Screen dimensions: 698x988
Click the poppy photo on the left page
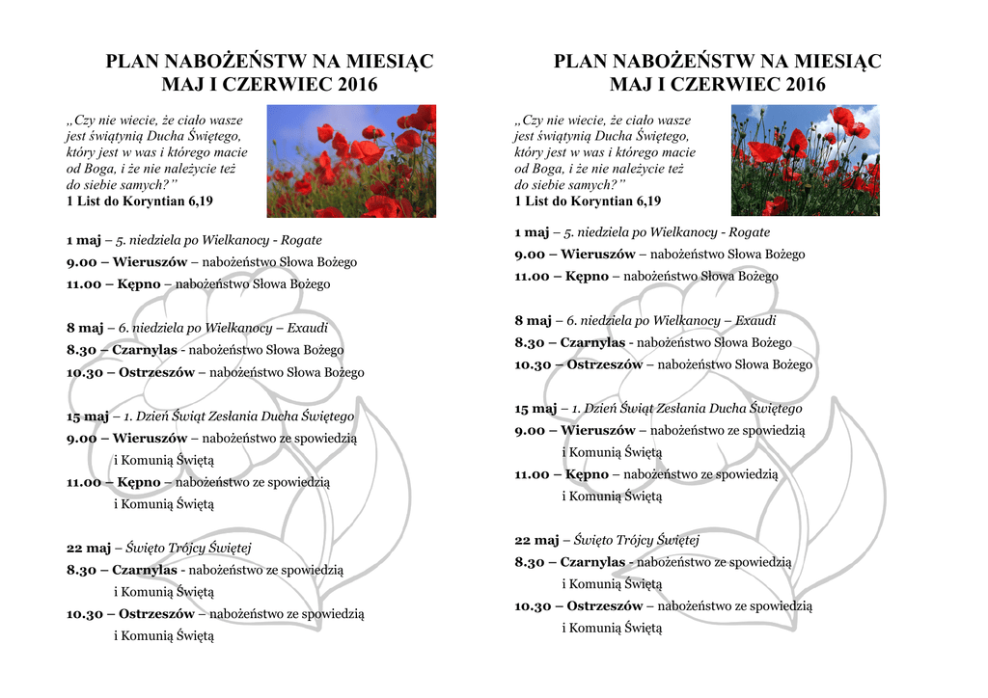click(350, 161)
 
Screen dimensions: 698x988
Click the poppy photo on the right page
click(805, 160)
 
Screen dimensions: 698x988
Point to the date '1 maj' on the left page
click(85, 240)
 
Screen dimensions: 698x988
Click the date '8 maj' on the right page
click(533, 320)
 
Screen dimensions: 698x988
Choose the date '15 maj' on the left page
click(88, 416)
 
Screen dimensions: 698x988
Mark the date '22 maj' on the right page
click(535, 540)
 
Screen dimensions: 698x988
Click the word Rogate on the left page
click(301, 240)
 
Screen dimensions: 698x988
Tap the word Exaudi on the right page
click(755, 320)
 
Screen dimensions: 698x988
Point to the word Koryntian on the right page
click(605, 201)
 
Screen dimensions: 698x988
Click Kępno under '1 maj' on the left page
click(139, 284)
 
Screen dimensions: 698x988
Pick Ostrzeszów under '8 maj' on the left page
click(156, 372)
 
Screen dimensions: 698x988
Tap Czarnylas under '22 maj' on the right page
click(592, 562)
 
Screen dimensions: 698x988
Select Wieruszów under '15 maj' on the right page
click(597, 430)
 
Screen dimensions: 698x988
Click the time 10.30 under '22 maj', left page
click(82, 613)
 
